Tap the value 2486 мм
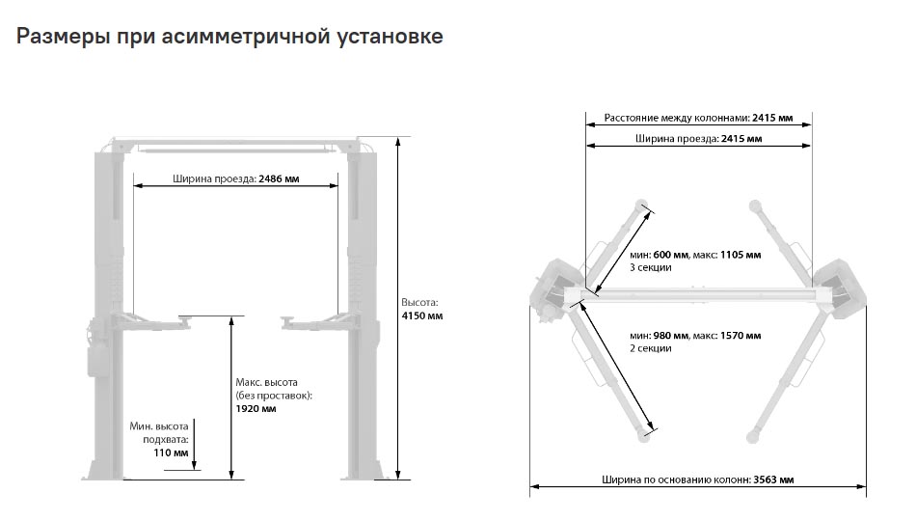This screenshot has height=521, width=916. [x=279, y=178]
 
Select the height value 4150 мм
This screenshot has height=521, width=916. [x=421, y=316]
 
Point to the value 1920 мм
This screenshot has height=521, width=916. [x=256, y=409]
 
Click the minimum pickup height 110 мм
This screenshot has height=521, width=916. [x=172, y=452]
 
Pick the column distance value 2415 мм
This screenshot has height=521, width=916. [x=772, y=118]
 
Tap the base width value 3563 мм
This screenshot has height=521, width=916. [x=773, y=480]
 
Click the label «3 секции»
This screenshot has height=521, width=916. [x=650, y=268]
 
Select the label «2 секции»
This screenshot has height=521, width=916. [x=650, y=348]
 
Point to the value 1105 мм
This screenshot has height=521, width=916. [x=741, y=255]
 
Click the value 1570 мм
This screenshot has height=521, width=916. [x=741, y=336]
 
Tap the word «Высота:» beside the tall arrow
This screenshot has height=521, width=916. [x=419, y=303]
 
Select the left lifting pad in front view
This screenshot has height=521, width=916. [x=186, y=318]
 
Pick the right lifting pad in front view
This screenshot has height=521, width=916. [x=288, y=319]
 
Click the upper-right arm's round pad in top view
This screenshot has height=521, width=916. [x=755, y=206]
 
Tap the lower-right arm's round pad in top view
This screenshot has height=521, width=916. [x=752, y=437]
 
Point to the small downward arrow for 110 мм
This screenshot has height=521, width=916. [x=194, y=444]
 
